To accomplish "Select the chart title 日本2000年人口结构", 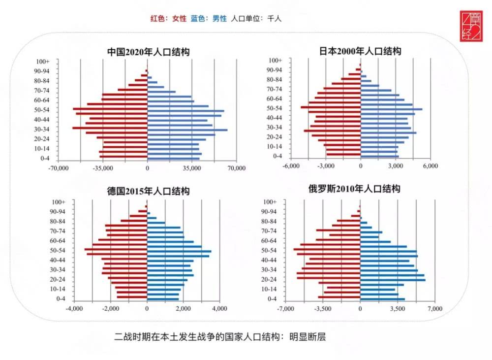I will (360, 51).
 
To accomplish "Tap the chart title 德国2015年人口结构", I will (148, 191).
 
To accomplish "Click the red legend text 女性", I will (179, 19).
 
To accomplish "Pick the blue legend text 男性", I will (219, 19).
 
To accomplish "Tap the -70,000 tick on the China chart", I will (58, 168).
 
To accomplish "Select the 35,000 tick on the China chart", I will (191, 168).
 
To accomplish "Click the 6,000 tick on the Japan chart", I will (430, 166).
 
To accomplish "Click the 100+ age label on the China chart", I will (43, 62).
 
